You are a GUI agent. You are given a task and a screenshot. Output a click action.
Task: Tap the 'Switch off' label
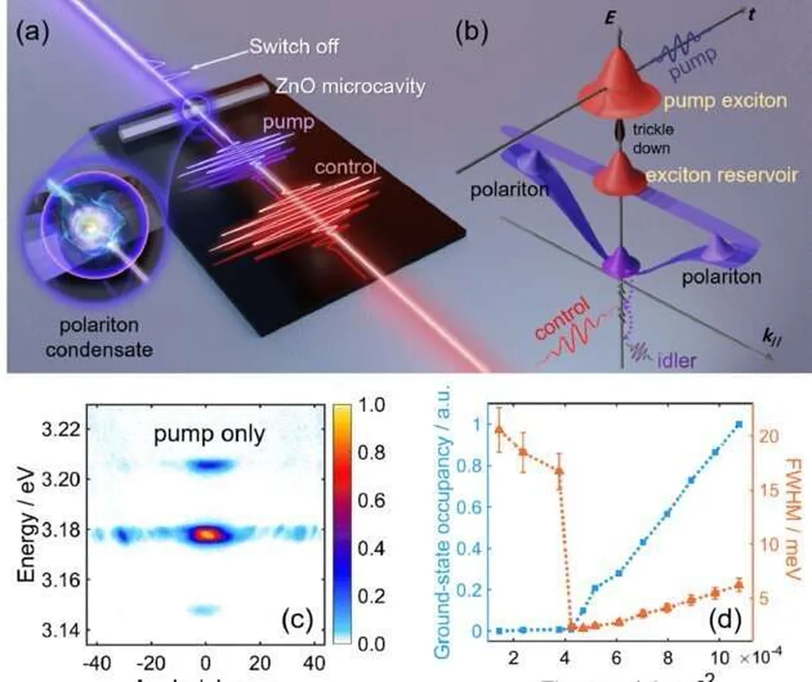(294, 47)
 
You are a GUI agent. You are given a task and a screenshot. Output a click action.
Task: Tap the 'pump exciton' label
(715, 101)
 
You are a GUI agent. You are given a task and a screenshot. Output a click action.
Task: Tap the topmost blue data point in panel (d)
(739, 425)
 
